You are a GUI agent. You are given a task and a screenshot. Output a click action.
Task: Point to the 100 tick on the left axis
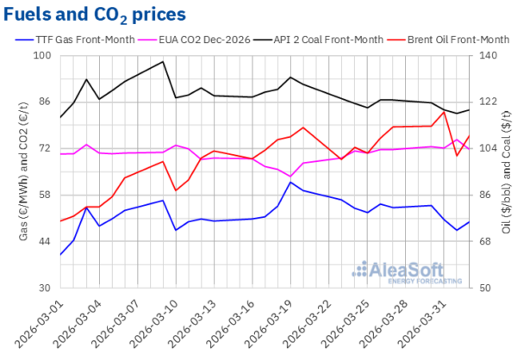click(42, 56)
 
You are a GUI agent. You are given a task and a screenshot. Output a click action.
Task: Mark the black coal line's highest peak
click(163, 62)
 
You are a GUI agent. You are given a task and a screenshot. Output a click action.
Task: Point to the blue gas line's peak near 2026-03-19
click(290, 182)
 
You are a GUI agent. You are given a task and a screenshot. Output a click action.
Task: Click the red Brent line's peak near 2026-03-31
click(443, 112)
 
